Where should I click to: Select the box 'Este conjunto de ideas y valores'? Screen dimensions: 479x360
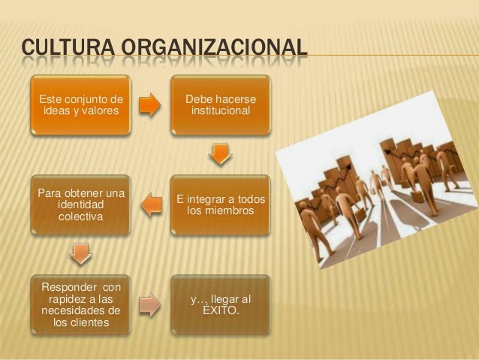pos(80,105)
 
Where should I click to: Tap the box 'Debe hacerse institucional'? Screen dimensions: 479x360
pos(221,105)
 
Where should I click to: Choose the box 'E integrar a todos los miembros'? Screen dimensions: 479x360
pos(221,204)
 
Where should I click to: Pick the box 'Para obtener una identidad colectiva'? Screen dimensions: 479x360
pos(80,204)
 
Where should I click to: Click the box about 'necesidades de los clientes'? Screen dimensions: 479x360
pos(80,305)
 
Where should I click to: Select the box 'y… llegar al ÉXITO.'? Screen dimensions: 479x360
pos(221,305)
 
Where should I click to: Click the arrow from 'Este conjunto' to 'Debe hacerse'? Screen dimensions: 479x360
pos(150,104)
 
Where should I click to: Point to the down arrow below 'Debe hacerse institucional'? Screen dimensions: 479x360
pos(220,153)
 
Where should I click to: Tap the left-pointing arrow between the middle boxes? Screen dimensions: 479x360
pos(151,204)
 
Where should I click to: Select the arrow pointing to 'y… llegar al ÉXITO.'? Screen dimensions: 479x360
pos(150,304)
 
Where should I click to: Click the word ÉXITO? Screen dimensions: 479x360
pos(221,311)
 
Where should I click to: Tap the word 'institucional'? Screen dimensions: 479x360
pos(221,112)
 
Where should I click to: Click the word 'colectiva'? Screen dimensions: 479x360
pos(80,216)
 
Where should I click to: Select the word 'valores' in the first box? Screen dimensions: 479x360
pos(100,112)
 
